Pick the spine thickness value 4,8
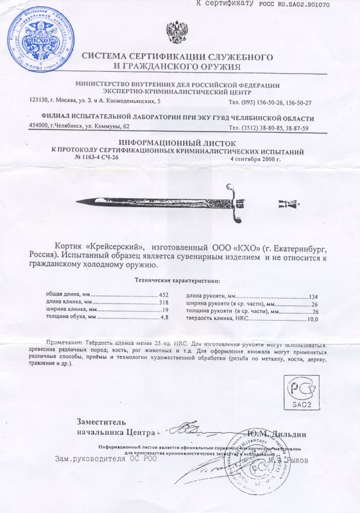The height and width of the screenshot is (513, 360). pyautogui.click(x=164, y=317)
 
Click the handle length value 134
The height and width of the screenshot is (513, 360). pyautogui.click(x=314, y=296)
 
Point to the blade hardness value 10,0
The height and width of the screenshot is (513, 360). pyautogui.click(x=313, y=319)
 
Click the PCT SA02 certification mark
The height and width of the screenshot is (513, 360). pyautogui.click(x=300, y=393)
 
